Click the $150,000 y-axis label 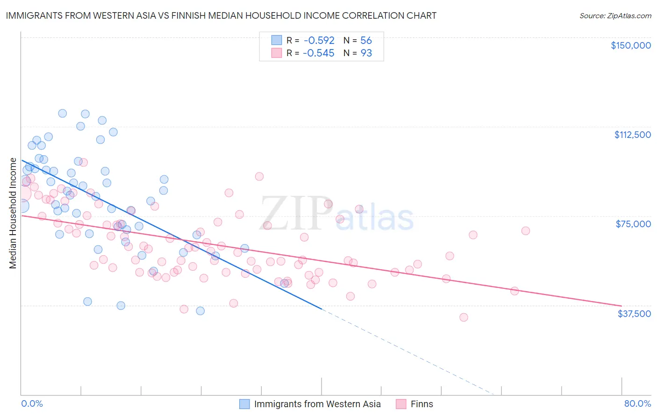(630, 45)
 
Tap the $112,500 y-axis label (632, 135)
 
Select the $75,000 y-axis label (633, 224)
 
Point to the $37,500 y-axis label (634, 314)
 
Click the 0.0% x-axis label (32, 403)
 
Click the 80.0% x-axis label (637, 403)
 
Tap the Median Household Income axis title (13, 213)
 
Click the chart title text (221, 15)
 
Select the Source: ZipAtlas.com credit (615, 15)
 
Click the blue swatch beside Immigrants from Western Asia (244, 404)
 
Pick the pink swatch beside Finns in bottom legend (401, 404)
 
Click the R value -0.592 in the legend (319, 40)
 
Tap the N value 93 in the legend (366, 53)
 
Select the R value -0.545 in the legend (319, 53)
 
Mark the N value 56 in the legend (366, 40)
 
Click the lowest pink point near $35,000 (464, 317)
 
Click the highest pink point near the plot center (259, 176)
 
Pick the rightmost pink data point (526, 231)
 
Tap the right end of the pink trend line (621, 306)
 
